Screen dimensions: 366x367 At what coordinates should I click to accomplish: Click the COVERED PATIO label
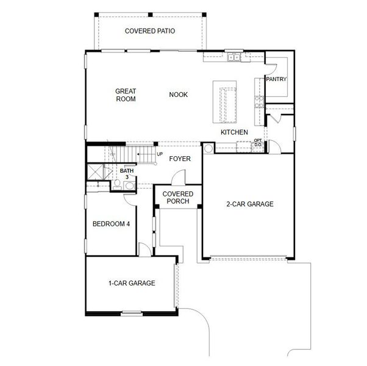pyautogui.click(x=150, y=30)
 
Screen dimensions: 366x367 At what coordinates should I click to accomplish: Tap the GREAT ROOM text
pyautogui.click(x=126, y=95)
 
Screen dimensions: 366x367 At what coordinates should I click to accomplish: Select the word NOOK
pyautogui.click(x=179, y=95)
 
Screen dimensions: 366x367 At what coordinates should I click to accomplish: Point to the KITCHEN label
pyautogui.click(x=234, y=132)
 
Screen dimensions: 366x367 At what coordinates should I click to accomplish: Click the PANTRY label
pyautogui.click(x=276, y=79)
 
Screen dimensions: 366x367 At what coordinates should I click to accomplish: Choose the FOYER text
pyautogui.click(x=180, y=159)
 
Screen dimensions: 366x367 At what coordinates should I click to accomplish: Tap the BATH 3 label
pyautogui.click(x=126, y=174)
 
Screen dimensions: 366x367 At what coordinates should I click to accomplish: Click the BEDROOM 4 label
pyautogui.click(x=111, y=224)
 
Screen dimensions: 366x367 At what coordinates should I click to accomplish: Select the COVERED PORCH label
pyautogui.click(x=178, y=197)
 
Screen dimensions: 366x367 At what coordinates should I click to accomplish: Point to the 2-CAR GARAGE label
pyautogui.click(x=250, y=204)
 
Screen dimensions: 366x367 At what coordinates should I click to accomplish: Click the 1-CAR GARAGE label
pyautogui.click(x=132, y=283)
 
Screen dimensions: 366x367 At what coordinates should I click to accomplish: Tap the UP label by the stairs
pyautogui.click(x=160, y=154)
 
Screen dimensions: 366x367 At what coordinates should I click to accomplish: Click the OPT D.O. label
pyautogui.click(x=257, y=143)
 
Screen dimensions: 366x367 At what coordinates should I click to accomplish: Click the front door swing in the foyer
pyautogui.click(x=178, y=178)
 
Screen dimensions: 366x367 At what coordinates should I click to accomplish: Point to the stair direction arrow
pyautogui.click(x=144, y=155)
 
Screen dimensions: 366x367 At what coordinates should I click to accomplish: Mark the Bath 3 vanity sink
pyautogui.click(x=129, y=185)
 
